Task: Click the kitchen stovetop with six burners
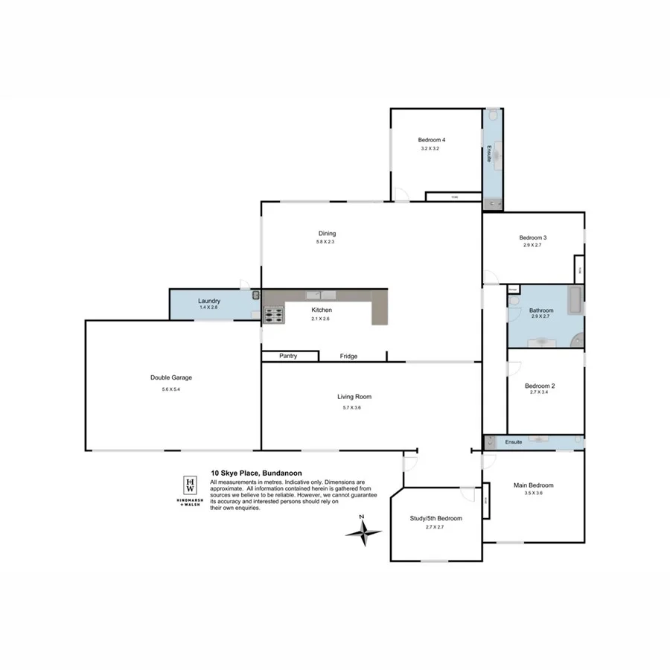tap(273, 316)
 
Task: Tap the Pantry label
tap(288, 356)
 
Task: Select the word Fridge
tap(348, 357)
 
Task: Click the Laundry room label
tap(209, 301)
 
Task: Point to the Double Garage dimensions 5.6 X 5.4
tap(170, 389)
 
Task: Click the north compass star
tap(363, 532)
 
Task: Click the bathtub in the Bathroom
tap(574, 300)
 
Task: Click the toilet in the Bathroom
tap(514, 301)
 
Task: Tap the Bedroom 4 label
tap(431, 140)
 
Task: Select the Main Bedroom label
tap(533, 485)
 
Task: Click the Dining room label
tap(326, 233)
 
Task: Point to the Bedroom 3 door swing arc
tap(490, 278)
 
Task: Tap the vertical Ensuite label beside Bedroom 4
tap(489, 153)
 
